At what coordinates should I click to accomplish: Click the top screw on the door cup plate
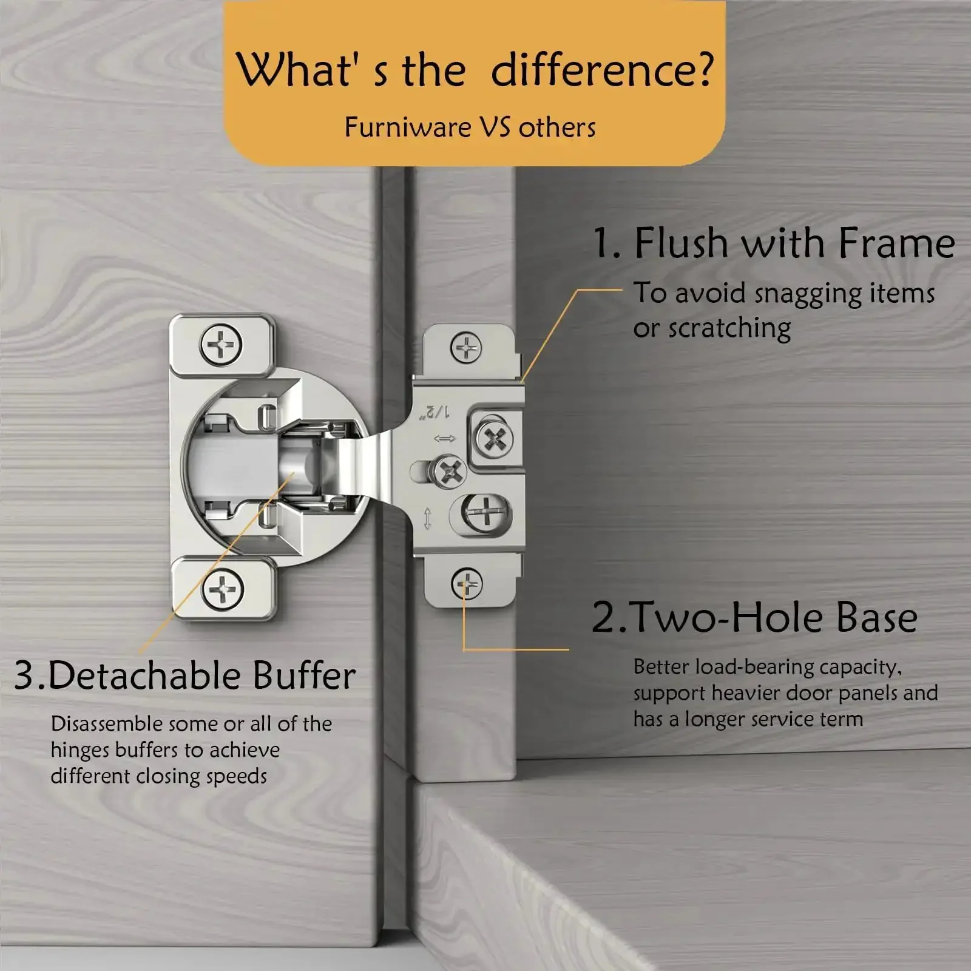(x=221, y=345)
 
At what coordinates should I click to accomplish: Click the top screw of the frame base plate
(x=466, y=348)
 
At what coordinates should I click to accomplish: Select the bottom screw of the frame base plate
(x=467, y=584)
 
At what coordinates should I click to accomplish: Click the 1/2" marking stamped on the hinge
(x=435, y=412)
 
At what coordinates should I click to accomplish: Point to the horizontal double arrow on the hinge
(x=444, y=438)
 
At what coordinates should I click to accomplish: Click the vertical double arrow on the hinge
(x=427, y=518)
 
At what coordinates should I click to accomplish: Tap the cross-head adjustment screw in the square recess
(x=494, y=438)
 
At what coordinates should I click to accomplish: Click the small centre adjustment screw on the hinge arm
(x=449, y=472)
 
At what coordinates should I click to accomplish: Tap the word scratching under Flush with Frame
(x=729, y=329)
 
